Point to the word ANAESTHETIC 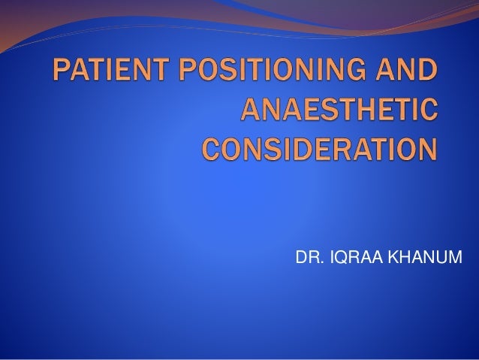338,113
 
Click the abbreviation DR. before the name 308,259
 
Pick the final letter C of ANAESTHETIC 424,113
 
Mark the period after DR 318,264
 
